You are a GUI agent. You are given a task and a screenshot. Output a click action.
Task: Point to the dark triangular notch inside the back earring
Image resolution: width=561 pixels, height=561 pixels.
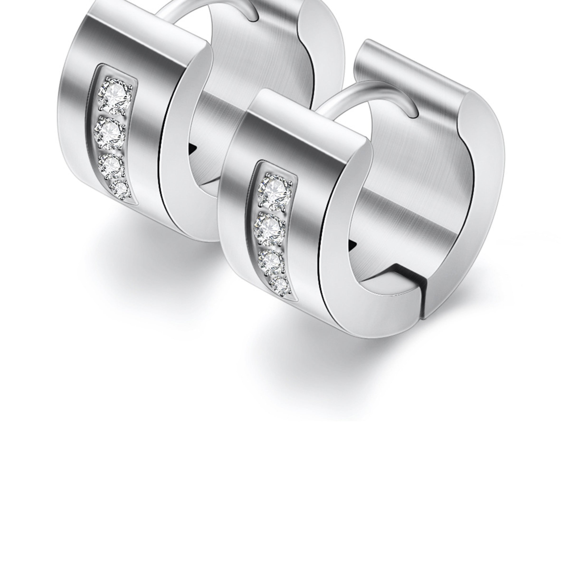[192, 150]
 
